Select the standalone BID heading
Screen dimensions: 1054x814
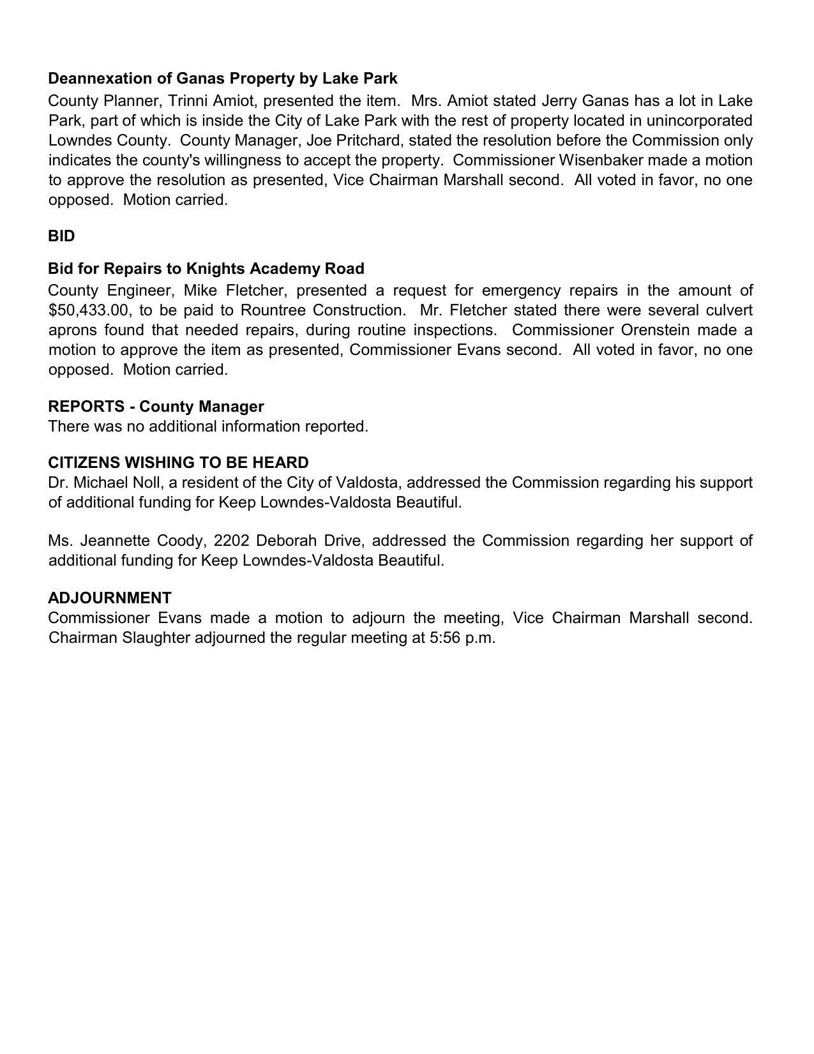click(x=61, y=236)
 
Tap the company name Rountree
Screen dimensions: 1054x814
click(x=273, y=310)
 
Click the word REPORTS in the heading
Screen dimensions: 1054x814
click(x=86, y=407)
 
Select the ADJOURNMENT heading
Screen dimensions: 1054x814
click(x=110, y=598)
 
